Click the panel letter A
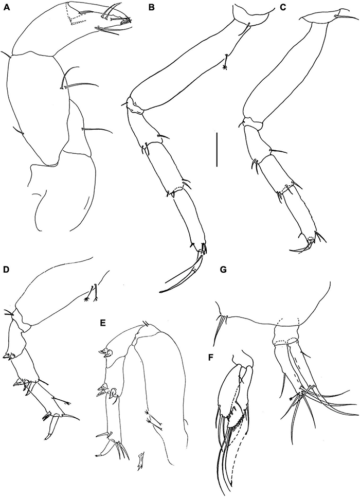click(7, 8)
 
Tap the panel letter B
click(151, 8)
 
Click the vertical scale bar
click(217, 149)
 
